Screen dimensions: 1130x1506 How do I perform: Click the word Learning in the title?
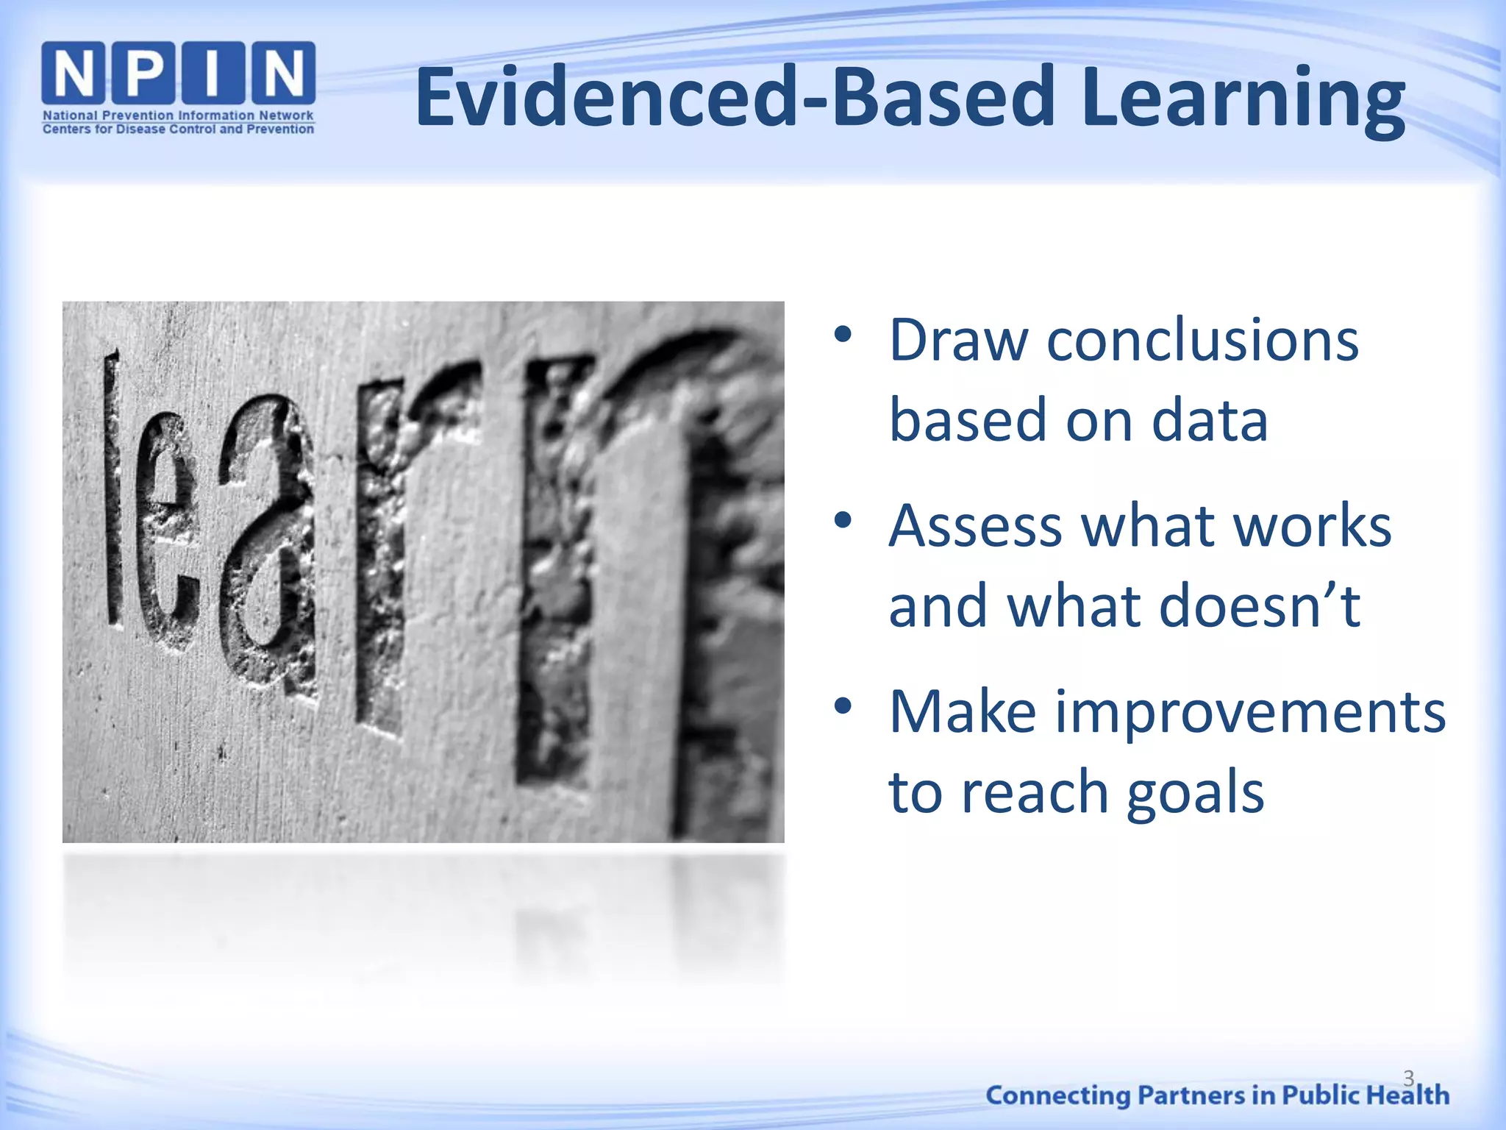pyautogui.click(x=1243, y=99)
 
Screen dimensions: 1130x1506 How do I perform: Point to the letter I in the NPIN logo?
pyautogui.click(x=213, y=73)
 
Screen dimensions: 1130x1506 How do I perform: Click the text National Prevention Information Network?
pyautogui.click(x=178, y=116)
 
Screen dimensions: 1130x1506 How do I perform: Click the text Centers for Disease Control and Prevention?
pyautogui.click(x=178, y=129)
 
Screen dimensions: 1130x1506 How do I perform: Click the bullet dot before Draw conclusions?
pyautogui.click(x=843, y=335)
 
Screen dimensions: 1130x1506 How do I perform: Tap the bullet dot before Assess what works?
pyautogui.click(x=843, y=521)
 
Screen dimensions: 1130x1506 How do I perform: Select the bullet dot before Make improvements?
pyautogui.click(x=843, y=706)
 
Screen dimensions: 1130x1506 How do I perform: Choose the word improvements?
pyautogui.click(x=1250, y=714)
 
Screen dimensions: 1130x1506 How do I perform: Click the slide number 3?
pyautogui.click(x=1408, y=1078)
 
